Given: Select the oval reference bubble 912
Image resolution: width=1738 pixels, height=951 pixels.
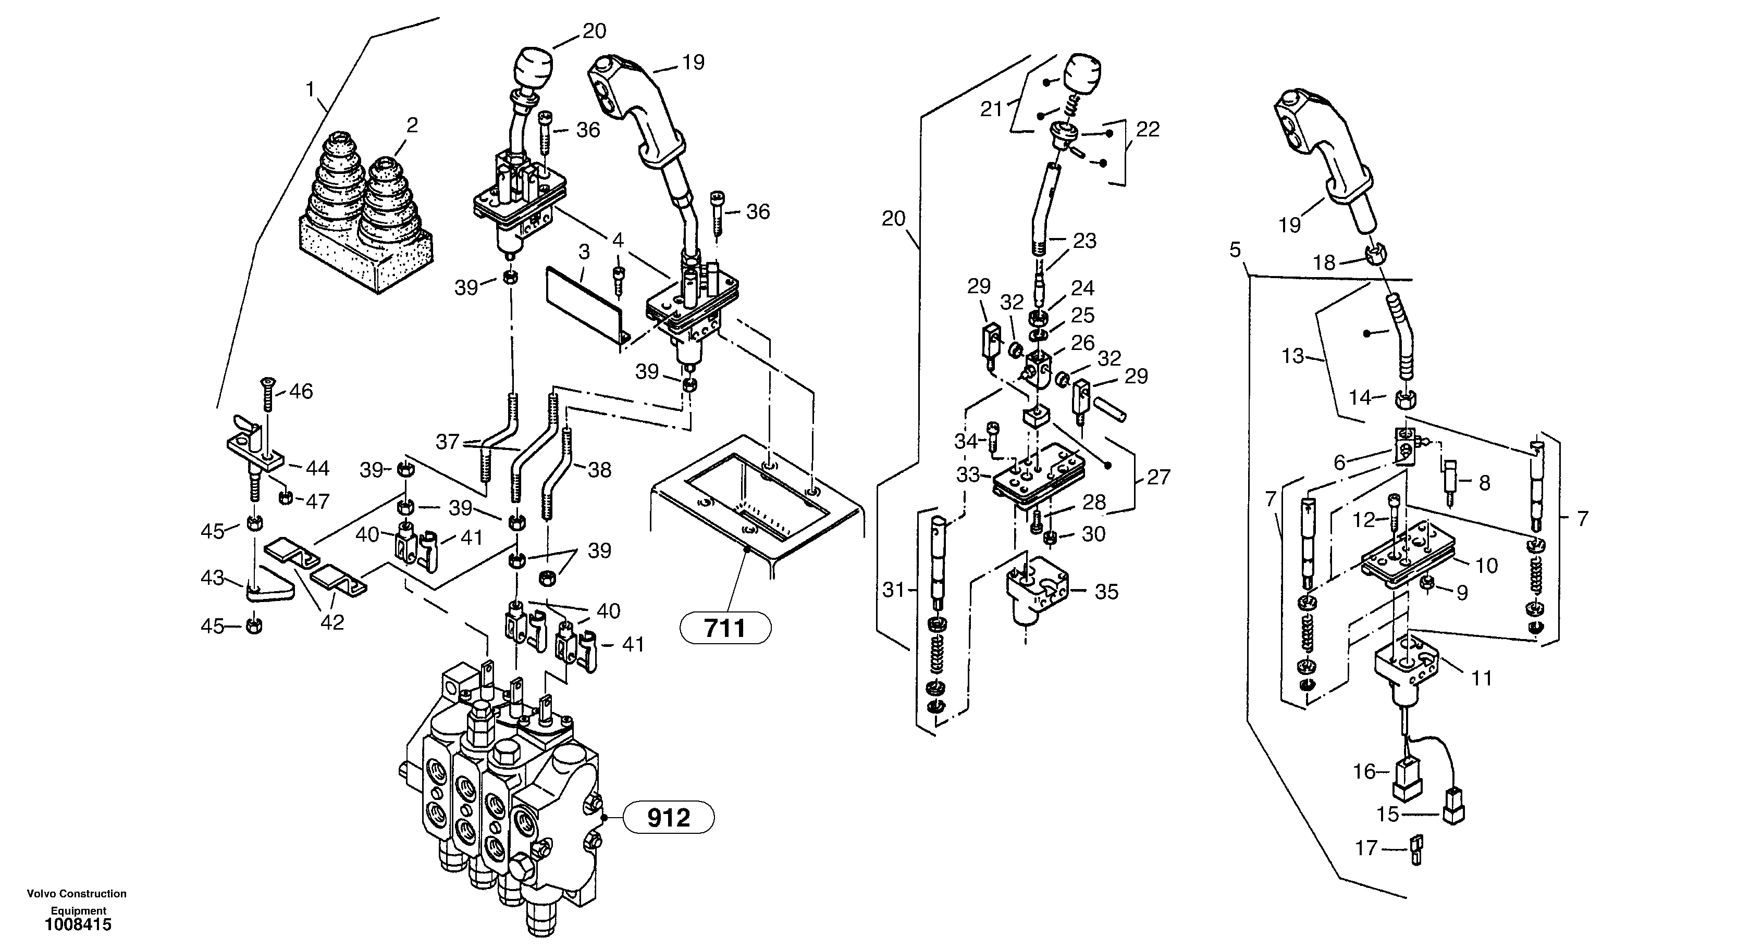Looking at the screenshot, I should coord(668,818).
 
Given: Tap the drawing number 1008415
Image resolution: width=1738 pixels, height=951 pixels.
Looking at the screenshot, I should coord(78,924).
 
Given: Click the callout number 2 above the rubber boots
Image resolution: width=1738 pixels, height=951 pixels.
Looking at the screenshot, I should coord(412,126).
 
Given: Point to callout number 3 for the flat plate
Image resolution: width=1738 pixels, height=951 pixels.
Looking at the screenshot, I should coord(584,252).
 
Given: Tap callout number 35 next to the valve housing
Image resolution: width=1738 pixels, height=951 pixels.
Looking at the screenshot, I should coord(1106,592).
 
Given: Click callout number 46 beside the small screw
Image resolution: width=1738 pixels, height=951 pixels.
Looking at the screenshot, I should coord(301,391).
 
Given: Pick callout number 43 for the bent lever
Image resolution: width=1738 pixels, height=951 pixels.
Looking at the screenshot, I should coord(213,578).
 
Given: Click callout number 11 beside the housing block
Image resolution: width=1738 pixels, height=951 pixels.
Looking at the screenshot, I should coord(1481,678).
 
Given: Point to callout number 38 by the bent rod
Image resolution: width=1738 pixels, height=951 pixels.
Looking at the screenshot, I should coord(599,470).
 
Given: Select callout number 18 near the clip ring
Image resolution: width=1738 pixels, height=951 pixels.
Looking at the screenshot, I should coord(1324,262).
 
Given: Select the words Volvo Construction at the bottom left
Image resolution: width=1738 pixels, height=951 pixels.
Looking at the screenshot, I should coord(76,894).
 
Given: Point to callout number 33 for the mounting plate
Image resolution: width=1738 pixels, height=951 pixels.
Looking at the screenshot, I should coord(968,475).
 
